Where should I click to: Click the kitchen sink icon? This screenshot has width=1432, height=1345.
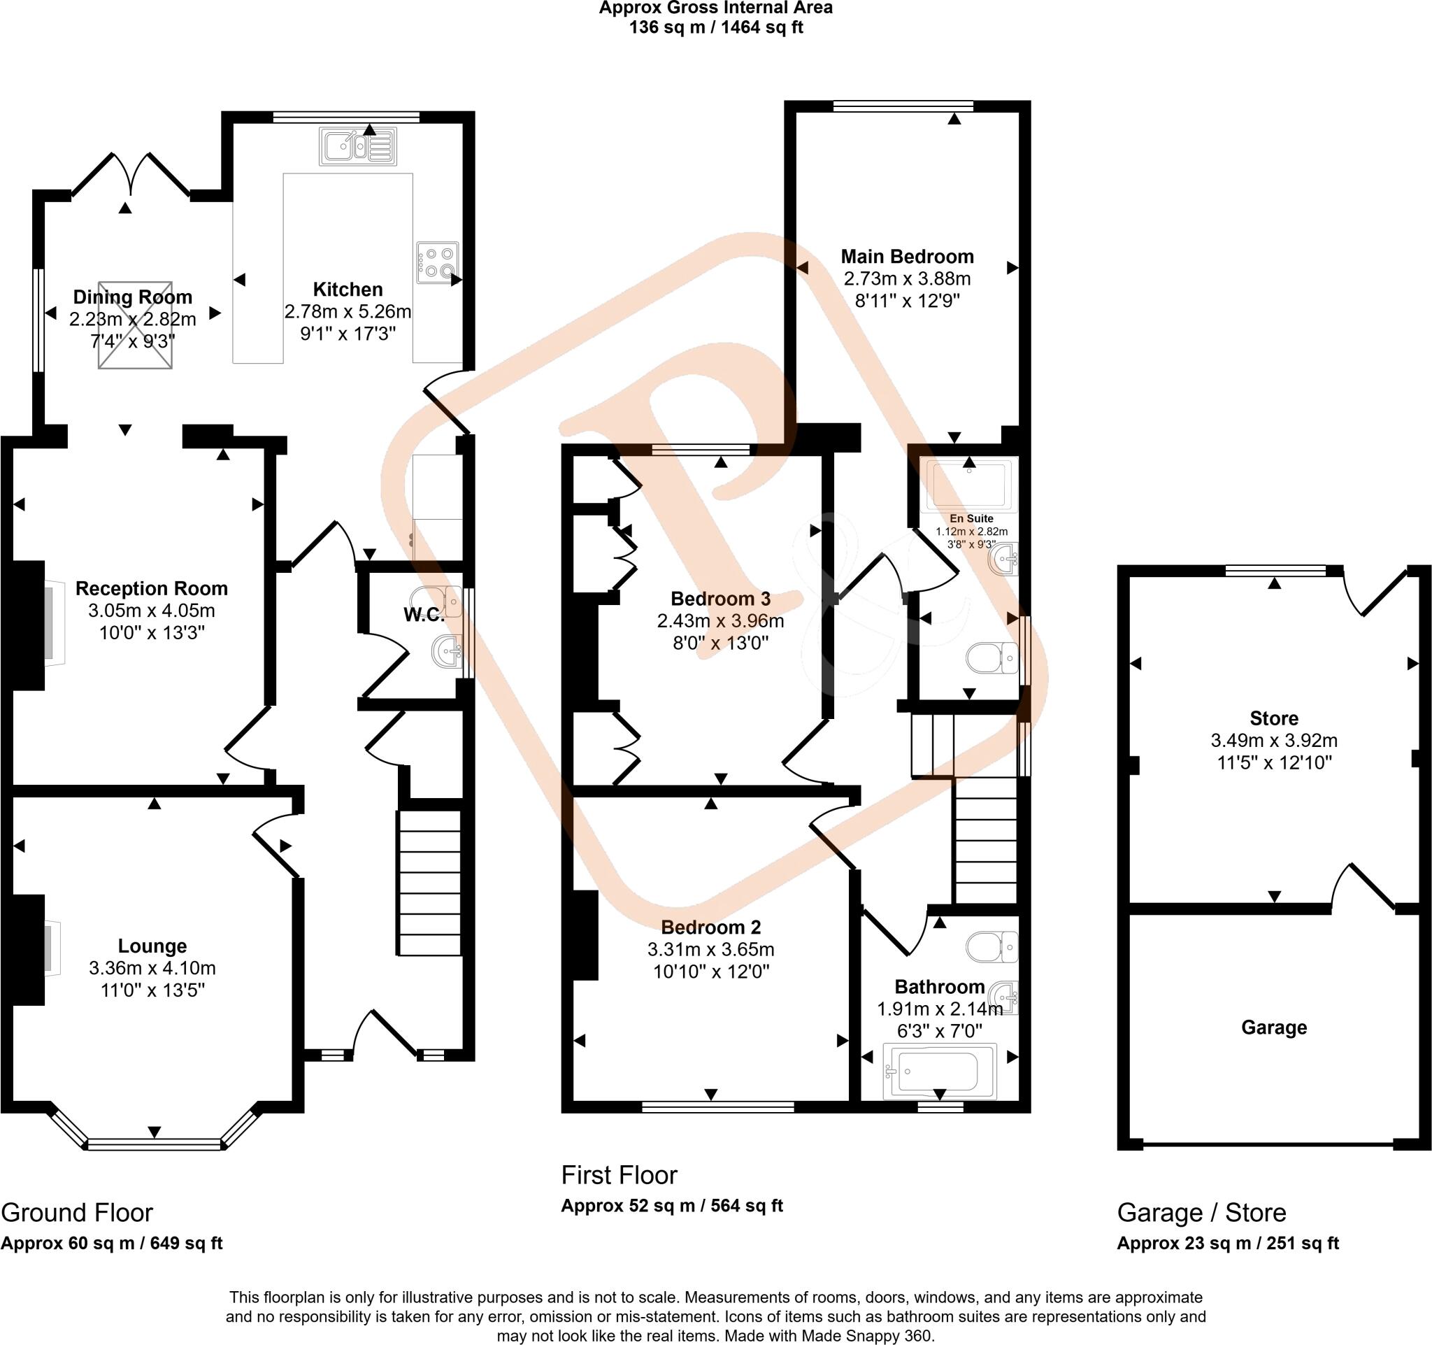358,147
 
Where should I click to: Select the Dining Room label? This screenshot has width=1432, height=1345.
133,297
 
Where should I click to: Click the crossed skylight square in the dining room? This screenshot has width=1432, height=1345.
136,325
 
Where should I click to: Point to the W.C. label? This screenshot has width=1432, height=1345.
423,615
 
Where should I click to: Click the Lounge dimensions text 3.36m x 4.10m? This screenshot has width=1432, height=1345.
152,968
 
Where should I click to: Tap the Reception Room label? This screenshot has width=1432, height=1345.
151,589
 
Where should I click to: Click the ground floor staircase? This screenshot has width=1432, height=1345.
429,883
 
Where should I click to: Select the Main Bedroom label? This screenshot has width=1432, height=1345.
907,257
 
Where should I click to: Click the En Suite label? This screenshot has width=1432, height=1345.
971,519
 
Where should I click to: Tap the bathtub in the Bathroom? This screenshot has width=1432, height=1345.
939,1071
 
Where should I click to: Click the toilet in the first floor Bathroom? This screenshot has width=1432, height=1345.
992,946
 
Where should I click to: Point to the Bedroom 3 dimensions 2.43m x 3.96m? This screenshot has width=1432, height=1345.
720,620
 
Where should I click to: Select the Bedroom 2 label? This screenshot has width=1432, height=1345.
710,927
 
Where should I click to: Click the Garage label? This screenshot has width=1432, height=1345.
1273,1027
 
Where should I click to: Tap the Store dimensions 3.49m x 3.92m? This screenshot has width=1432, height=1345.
1273,740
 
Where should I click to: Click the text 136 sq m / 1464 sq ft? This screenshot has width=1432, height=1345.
715,27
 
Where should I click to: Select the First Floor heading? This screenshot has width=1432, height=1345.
619,1175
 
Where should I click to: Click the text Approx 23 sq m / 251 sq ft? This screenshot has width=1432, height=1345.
1227,1243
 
